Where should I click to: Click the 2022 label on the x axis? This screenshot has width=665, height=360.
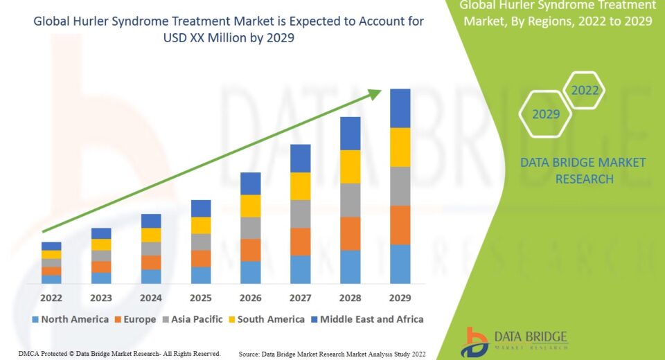[51, 298]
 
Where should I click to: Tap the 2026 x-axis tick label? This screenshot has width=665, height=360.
[251, 298]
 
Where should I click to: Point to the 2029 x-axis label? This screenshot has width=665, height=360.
[400, 298]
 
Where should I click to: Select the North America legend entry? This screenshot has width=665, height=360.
[70, 319]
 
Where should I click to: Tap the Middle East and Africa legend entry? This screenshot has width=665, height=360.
[367, 319]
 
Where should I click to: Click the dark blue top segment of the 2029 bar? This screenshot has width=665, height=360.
[400, 108]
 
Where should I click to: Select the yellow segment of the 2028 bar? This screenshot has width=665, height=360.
[351, 166]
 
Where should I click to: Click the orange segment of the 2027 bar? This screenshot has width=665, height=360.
[301, 242]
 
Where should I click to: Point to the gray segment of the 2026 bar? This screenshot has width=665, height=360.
[251, 228]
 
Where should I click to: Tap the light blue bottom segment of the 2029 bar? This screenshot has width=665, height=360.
[400, 264]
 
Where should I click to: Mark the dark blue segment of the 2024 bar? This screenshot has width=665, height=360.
[151, 221]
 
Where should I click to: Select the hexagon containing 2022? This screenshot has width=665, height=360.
[584, 90]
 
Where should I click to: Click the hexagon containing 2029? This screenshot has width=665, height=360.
[545, 114]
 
